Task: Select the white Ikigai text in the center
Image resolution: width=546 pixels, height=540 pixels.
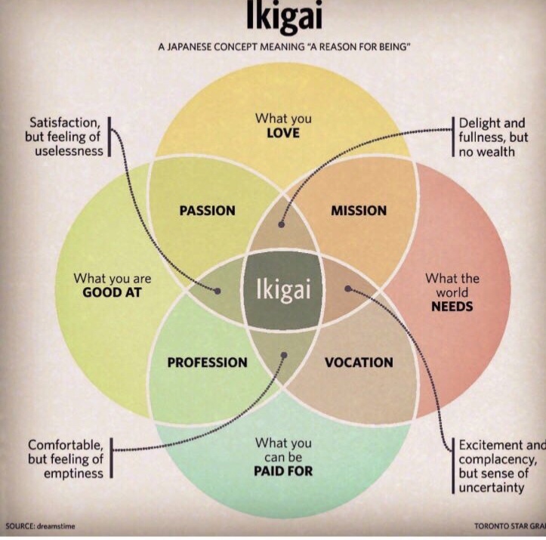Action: coord(283,291)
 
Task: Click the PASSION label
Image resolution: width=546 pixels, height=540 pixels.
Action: coord(207,211)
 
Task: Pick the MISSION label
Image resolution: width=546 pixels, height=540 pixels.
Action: coord(359,211)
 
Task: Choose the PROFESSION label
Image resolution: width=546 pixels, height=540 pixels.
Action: coord(207,363)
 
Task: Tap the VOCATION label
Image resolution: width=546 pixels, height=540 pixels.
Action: coord(359,363)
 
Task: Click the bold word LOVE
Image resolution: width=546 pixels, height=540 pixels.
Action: coord(283,133)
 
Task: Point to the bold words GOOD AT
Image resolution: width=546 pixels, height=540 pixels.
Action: coord(113,293)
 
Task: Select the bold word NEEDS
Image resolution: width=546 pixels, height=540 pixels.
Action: coord(452,306)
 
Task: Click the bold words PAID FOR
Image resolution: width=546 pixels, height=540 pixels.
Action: coord(283,472)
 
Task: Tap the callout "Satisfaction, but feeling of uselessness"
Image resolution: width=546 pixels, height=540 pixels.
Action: coord(66,136)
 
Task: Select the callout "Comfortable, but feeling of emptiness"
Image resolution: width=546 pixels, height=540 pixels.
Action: coord(66,458)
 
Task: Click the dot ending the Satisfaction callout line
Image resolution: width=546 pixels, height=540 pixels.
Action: coord(218,290)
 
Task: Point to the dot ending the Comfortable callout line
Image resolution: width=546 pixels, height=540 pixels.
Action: coord(285,354)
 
